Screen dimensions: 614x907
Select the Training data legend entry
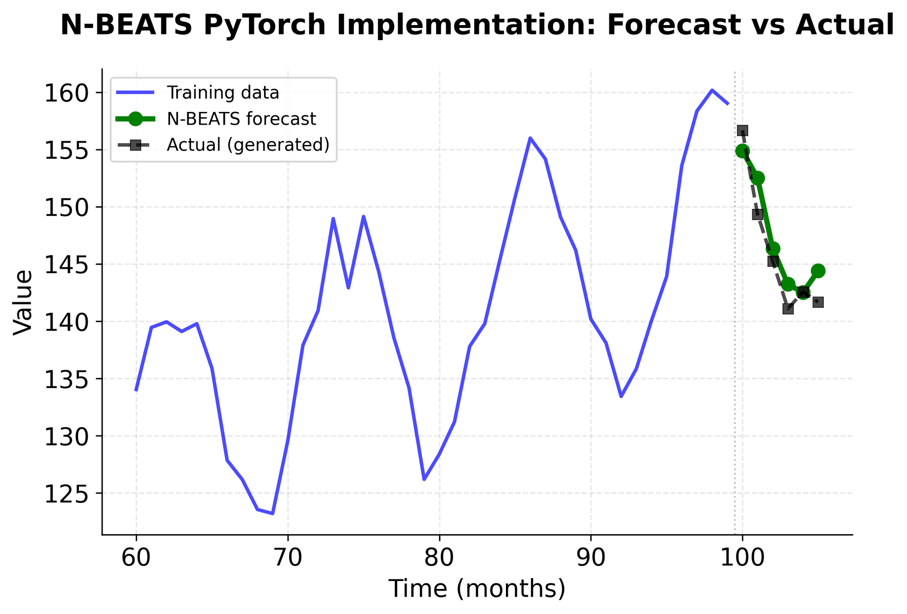click(222, 93)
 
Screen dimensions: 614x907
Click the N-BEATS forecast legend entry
click(241, 119)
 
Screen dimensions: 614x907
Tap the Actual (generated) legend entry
click(248, 145)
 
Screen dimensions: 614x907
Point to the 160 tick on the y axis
click(67, 93)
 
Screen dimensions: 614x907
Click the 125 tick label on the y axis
click(67, 494)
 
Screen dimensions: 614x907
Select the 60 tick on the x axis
click(136, 558)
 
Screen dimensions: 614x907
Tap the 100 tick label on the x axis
click(742, 558)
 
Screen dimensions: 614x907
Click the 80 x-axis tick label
click(439, 558)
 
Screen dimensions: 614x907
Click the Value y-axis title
click(23, 302)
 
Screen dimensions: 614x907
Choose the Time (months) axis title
click(477, 589)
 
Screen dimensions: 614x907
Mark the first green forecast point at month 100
click(742, 151)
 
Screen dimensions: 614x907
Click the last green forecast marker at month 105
click(818, 271)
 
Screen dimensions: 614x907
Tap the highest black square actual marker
click(742, 130)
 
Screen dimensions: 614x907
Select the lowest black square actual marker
click(787, 309)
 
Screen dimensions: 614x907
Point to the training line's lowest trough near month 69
click(273, 513)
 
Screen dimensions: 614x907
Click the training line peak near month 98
click(712, 90)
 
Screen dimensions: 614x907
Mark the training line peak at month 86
click(530, 137)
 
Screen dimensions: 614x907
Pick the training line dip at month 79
click(424, 479)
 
